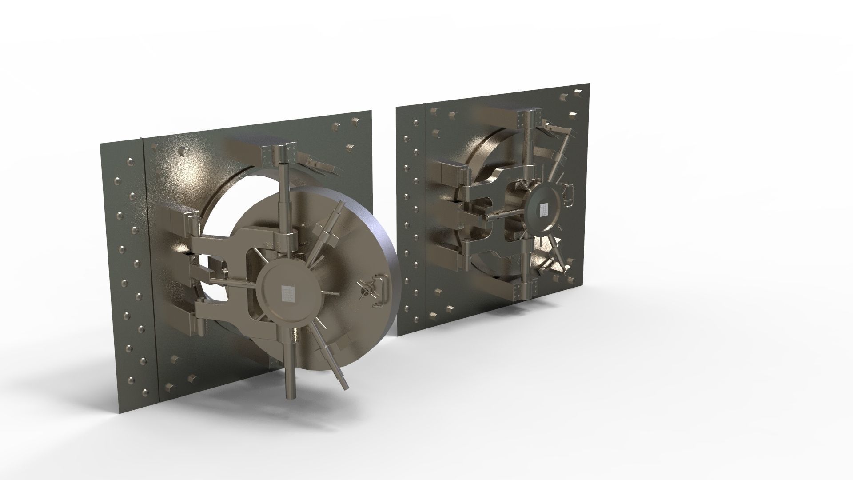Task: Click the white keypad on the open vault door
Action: tap(288, 293)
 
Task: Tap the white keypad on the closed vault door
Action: tap(543, 209)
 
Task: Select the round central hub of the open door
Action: tap(289, 293)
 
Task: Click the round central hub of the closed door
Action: tap(543, 209)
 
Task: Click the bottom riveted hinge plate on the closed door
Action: tap(519, 292)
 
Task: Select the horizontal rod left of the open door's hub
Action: tap(231, 284)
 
